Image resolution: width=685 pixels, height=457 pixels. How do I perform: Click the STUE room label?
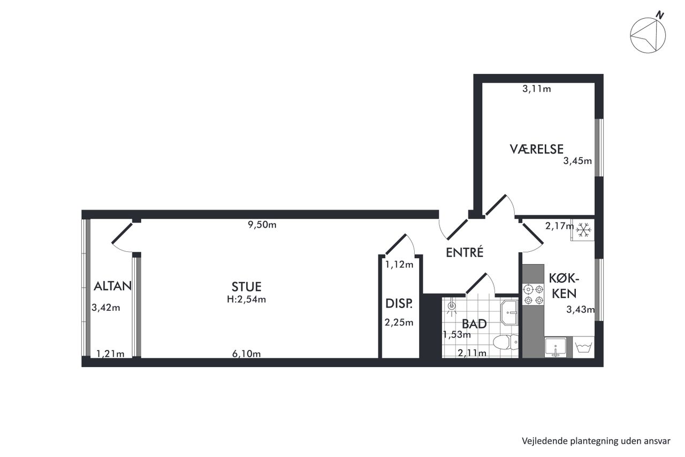click(x=247, y=287)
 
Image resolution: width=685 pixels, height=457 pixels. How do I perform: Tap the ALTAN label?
click(x=112, y=286)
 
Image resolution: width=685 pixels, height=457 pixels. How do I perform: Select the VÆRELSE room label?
click(x=536, y=149)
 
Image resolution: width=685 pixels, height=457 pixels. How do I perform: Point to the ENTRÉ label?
click(x=465, y=252)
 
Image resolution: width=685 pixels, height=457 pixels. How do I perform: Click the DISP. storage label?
click(x=399, y=303)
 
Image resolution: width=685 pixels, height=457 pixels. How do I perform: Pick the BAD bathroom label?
click(x=474, y=324)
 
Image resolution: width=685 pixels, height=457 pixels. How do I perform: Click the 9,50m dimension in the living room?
click(x=262, y=225)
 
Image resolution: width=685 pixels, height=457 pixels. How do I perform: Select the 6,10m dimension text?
click(x=247, y=354)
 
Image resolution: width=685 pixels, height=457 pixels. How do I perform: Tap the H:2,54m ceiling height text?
click(x=247, y=299)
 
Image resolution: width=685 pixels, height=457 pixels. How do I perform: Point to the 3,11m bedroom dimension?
click(x=537, y=89)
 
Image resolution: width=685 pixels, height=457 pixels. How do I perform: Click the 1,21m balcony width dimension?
click(x=110, y=354)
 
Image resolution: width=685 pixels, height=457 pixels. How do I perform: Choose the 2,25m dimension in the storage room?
click(x=399, y=323)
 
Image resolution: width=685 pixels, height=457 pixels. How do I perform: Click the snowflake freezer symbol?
click(x=583, y=229)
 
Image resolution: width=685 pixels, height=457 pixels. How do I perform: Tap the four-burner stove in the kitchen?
click(x=534, y=295)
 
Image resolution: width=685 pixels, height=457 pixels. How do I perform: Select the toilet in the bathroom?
click(x=506, y=342)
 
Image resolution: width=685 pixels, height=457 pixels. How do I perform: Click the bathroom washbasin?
click(x=509, y=312)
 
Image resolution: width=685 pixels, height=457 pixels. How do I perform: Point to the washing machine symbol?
click(x=583, y=347)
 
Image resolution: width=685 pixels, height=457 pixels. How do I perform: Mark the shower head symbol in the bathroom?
click(x=451, y=307)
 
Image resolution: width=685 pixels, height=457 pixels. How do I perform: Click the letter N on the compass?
click(x=660, y=15)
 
